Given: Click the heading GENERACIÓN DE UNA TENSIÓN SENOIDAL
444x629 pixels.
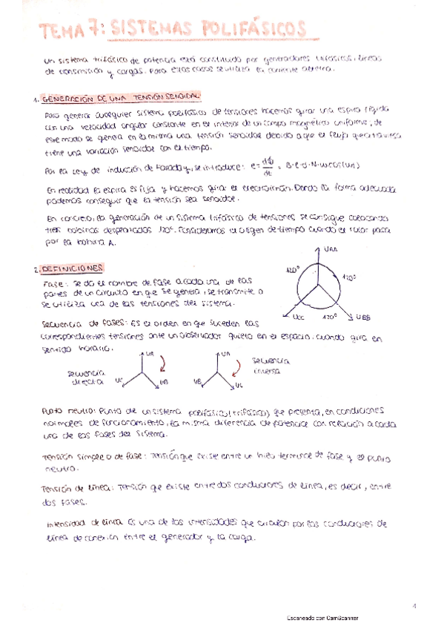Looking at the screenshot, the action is pos(119,98).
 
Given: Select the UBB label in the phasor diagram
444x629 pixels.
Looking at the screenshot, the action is pos(363,317).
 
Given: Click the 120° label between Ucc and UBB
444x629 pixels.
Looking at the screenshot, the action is pos(329,314).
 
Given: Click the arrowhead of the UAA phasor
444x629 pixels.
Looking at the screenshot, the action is pos(321,251).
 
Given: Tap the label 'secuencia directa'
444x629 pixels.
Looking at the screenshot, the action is pos(86,377).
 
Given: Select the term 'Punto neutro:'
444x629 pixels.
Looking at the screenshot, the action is pos(68,409).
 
